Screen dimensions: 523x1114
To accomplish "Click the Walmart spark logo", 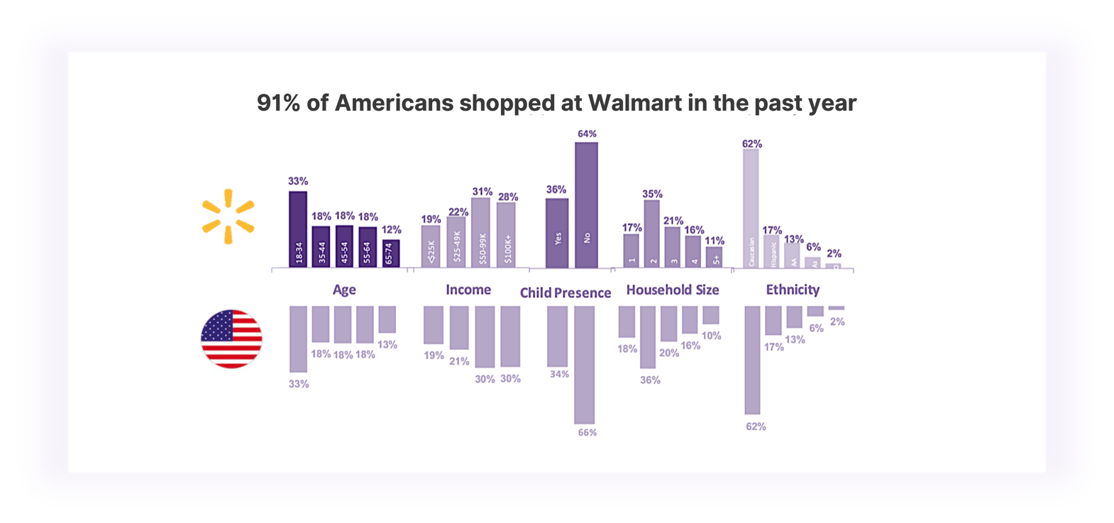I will (228, 216).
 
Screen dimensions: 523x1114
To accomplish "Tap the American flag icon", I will (231, 339).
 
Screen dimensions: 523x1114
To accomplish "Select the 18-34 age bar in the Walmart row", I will (298, 229).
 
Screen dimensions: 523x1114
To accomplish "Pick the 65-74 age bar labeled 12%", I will (391, 253).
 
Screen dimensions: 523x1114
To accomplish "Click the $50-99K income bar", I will (481, 233).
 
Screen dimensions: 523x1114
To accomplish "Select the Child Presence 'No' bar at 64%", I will (586, 205).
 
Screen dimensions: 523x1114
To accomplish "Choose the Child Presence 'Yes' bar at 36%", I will (557, 233).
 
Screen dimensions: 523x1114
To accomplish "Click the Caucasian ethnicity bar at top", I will (751, 208).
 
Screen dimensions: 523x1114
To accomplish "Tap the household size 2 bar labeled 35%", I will (651, 233).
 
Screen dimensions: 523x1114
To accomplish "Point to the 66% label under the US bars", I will (588, 432).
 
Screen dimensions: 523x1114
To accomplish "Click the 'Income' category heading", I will (468, 290).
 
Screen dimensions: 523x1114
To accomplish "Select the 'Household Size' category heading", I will (673, 290).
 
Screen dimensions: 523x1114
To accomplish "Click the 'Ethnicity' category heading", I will (793, 290).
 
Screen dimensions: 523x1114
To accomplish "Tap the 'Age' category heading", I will (344, 290).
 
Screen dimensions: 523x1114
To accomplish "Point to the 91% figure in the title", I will (279, 103).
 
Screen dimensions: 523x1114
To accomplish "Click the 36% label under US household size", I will (650, 380).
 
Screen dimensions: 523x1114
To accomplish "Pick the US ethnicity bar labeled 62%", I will (752, 360).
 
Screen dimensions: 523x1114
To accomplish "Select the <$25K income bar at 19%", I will (431, 246).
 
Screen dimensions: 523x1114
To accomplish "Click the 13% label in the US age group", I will (387, 344).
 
